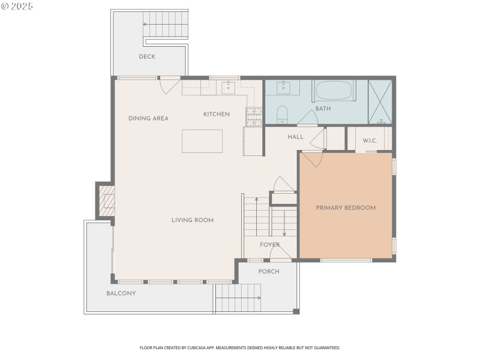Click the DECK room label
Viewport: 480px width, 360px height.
click(x=147, y=57)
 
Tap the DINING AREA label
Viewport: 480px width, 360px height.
click(x=148, y=118)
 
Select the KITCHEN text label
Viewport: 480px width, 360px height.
click(x=216, y=114)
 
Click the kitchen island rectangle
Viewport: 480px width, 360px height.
click(x=202, y=141)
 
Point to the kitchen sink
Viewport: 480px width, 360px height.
click(x=229, y=89)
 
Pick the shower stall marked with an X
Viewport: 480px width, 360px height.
click(x=379, y=101)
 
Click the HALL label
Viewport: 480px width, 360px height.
click(x=295, y=137)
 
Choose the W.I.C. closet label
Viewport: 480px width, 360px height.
click(x=370, y=141)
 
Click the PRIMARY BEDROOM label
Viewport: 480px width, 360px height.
click(x=346, y=208)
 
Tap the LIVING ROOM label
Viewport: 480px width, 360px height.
click(x=192, y=220)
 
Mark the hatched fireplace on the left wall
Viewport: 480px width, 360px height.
click(x=106, y=200)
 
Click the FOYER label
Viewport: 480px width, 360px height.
click(x=269, y=245)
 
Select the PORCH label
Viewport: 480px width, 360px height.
click(x=269, y=271)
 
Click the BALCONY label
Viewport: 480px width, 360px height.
click(x=121, y=293)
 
